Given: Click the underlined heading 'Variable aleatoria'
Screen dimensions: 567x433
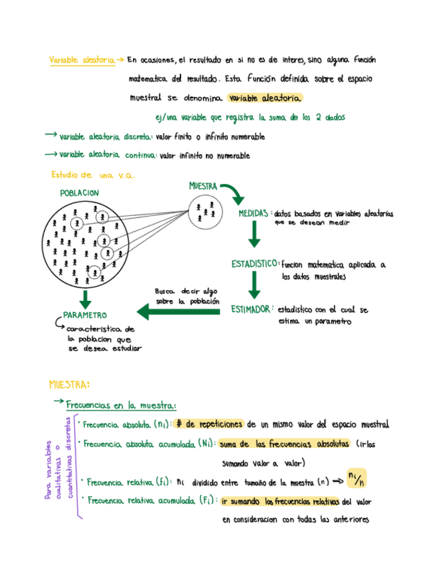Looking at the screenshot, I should click(x=82, y=60).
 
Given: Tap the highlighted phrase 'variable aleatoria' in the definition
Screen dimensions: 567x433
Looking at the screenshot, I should click(x=264, y=98).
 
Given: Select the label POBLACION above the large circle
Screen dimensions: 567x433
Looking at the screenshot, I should click(x=79, y=193).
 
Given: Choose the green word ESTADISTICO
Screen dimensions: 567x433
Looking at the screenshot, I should click(x=255, y=264).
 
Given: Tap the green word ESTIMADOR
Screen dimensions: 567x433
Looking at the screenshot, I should click(x=251, y=309).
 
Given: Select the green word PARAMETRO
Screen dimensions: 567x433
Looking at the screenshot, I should click(x=85, y=315).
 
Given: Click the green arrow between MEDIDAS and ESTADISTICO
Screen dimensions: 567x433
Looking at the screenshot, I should click(x=254, y=235).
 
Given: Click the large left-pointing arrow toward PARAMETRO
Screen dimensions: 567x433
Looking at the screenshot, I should click(x=178, y=310).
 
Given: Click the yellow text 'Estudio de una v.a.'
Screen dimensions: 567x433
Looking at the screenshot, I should click(x=92, y=175).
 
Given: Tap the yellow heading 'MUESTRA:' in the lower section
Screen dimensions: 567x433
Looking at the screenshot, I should click(x=69, y=384).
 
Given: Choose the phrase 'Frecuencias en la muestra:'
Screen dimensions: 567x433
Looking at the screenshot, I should click(x=121, y=405).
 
